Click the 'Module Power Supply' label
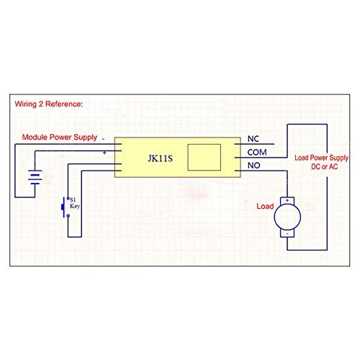[x=60, y=137]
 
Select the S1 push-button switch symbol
[x=63, y=207]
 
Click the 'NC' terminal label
[x=253, y=138]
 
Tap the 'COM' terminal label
[x=257, y=152]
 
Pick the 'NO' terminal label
[x=253, y=166]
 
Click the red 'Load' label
[x=266, y=207]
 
